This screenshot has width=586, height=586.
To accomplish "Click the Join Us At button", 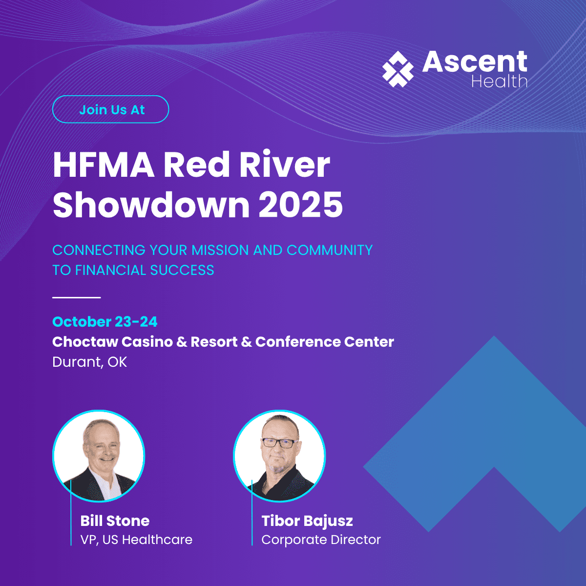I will (110, 109).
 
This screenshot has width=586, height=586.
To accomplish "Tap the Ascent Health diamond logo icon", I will (398, 69).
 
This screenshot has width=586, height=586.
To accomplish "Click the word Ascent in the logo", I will (474, 62).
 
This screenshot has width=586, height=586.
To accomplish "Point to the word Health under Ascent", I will (499, 81).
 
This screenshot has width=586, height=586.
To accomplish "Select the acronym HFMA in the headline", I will (103, 165).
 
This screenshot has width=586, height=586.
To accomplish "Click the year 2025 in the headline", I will (300, 205).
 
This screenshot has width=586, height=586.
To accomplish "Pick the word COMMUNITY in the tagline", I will (330, 250).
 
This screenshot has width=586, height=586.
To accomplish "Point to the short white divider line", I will (76, 297).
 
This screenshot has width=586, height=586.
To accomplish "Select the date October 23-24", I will (105, 322).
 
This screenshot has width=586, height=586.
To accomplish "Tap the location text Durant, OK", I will (89, 362).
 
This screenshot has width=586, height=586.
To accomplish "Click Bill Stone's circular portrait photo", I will (99, 456).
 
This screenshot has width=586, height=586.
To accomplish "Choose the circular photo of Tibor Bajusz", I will (279, 456).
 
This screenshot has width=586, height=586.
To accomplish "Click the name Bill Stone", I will (115, 521).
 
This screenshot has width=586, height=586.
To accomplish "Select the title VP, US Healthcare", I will (136, 540).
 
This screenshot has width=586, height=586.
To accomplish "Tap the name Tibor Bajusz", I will (307, 521).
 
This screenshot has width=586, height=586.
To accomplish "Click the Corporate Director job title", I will (321, 540).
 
